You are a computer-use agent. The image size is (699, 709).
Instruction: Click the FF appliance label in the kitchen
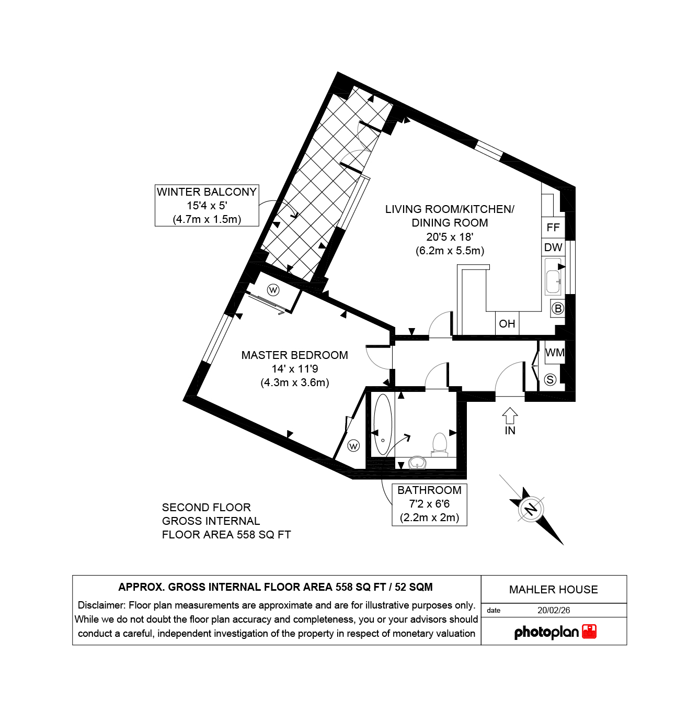tap(553, 228)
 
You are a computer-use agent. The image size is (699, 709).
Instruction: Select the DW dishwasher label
tap(553, 247)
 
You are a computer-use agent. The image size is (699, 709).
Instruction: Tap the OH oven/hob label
tap(507, 324)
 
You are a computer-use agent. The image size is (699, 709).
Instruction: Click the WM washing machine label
tap(555, 353)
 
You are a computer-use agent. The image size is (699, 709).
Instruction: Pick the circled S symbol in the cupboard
tap(550, 379)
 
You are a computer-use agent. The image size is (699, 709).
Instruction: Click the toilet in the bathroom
tap(439, 444)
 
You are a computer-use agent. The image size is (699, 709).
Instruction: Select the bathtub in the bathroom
tap(383, 424)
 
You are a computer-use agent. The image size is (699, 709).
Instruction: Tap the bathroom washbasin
tap(417, 463)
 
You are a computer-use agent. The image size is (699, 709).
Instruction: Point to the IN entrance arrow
tap(510, 416)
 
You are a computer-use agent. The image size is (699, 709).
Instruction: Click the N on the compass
tap(531, 510)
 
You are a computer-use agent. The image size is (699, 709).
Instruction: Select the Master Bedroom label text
tap(294, 355)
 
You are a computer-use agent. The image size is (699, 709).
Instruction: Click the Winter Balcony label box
tap(207, 205)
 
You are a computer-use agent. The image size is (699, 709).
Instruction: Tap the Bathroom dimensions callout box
tap(429, 505)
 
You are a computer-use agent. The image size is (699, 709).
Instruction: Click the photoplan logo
tap(555, 633)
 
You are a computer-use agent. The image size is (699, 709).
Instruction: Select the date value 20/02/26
tap(554, 611)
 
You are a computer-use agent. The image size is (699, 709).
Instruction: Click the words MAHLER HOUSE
tap(553, 590)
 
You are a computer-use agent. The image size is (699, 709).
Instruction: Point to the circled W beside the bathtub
tap(353, 446)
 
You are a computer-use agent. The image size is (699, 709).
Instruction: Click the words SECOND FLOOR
tap(207, 508)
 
